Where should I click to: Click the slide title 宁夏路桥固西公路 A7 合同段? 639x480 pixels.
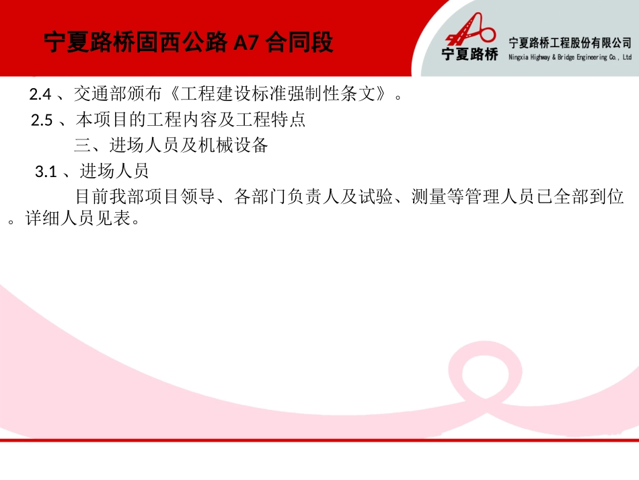(x=188, y=43)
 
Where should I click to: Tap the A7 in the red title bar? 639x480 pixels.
(x=246, y=43)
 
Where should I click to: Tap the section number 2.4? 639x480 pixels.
(x=41, y=94)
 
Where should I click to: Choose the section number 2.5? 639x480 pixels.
(x=42, y=121)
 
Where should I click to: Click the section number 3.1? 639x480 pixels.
(x=45, y=172)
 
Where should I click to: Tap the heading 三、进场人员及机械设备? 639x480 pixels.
(x=172, y=145)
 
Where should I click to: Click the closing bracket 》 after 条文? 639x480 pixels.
(x=381, y=94)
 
